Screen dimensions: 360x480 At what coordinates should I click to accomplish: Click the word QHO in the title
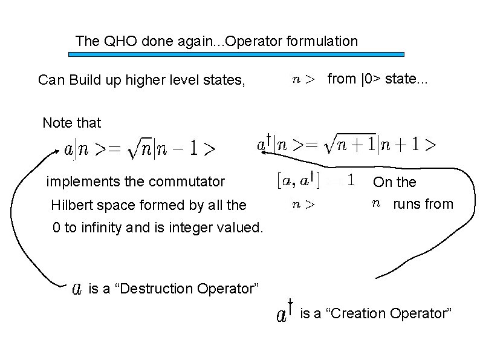coord(115,42)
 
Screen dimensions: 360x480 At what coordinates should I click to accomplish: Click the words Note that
coord(71,123)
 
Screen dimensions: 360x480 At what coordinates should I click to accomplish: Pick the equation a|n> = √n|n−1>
coord(140,149)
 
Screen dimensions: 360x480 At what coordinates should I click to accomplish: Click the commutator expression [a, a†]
coord(294,180)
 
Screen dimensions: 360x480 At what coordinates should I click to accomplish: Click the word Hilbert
coord(72,205)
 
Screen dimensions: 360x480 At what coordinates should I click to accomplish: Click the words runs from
coord(423,205)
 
